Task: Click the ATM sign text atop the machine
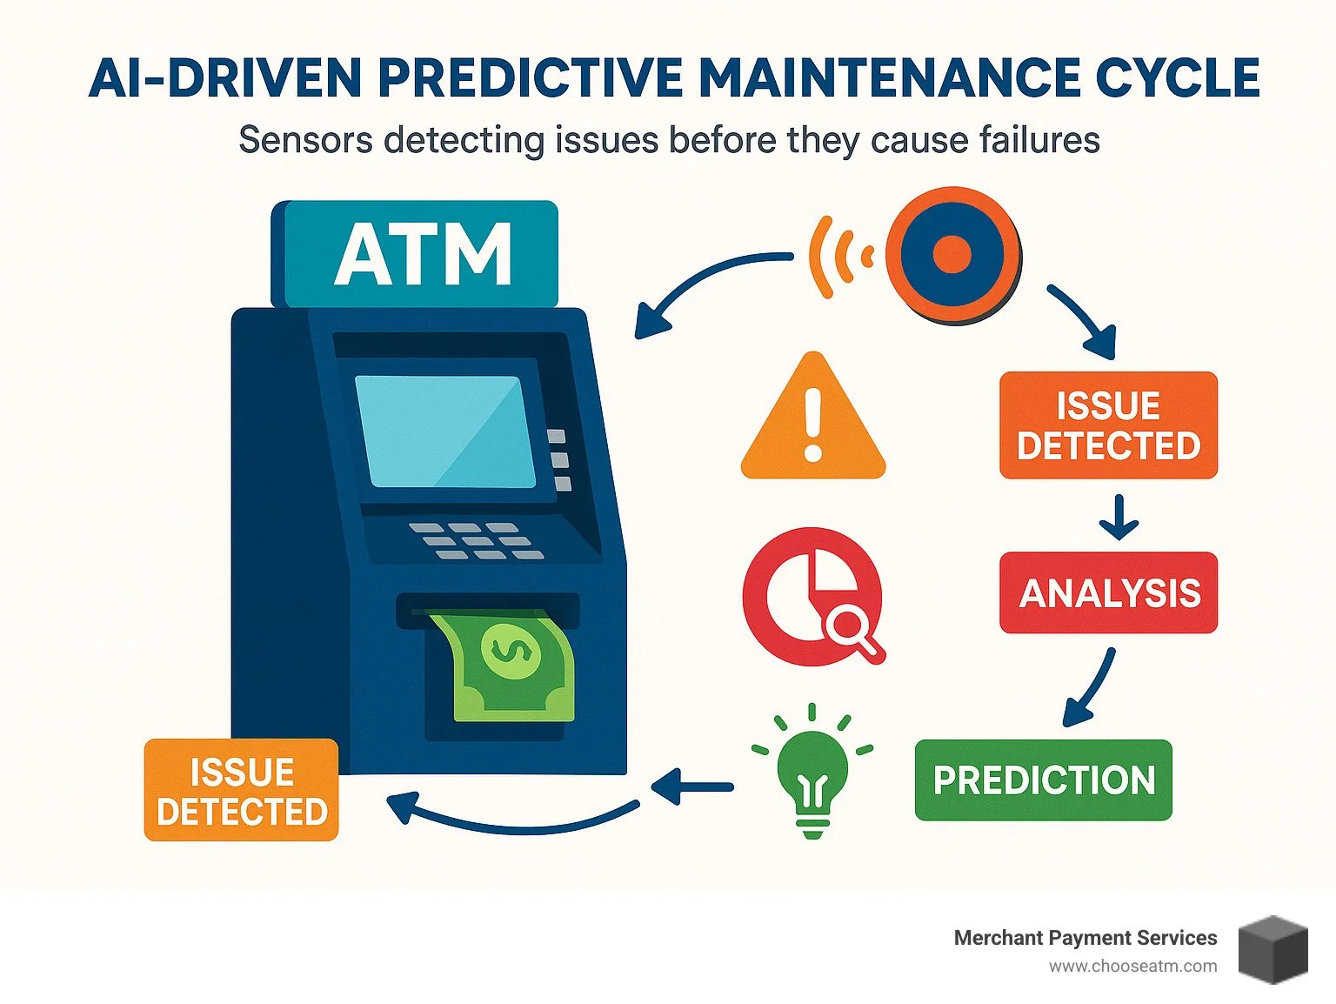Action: pyautogui.click(x=423, y=255)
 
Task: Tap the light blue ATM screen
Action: pyautogui.click(x=445, y=432)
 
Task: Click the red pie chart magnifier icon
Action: pyautogui.click(x=812, y=597)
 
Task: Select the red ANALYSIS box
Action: pyautogui.click(x=1108, y=592)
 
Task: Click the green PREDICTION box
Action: pyautogui.click(x=1043, y=780)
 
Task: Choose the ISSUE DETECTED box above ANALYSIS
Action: pyautogui.click(x=1108, y=425)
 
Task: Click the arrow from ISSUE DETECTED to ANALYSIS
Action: pyautogui.click(x=1119, y=517)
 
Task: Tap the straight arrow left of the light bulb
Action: pyautogui.click(x=692, y=787)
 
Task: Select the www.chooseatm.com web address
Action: pyautogui.click(x=1132, y=967)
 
